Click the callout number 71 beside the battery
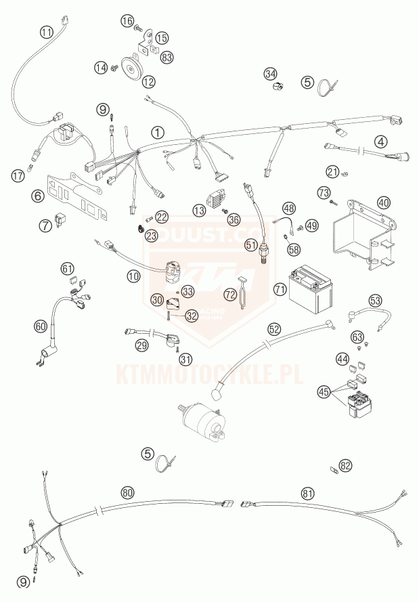point(261,289)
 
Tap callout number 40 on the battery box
point(384,202)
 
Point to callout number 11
point(45,32)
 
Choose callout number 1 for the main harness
point(157,132)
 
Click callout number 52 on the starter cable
point(274,328)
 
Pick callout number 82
point(347,466)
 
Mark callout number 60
point(41,326)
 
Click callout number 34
point(271,73)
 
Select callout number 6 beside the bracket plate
point(37,196)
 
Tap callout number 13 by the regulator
point(198,211)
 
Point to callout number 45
point(324,391)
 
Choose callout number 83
point(167,57)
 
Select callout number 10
point(133,276)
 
